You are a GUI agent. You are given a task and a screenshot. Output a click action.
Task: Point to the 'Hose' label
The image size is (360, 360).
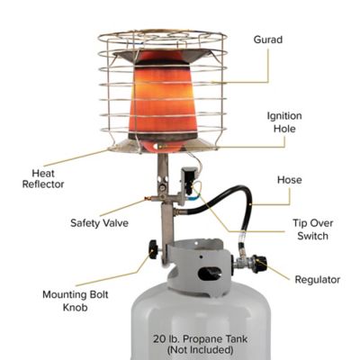(290, 180)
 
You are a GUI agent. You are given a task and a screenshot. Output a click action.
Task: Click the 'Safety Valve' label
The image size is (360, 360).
(100, 222)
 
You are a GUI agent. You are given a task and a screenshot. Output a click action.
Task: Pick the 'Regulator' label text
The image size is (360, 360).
(318, 280)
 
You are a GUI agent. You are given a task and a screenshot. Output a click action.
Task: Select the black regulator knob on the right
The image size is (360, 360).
(258, 265)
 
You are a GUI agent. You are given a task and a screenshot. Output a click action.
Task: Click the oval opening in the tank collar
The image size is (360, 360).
(210, 273)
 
